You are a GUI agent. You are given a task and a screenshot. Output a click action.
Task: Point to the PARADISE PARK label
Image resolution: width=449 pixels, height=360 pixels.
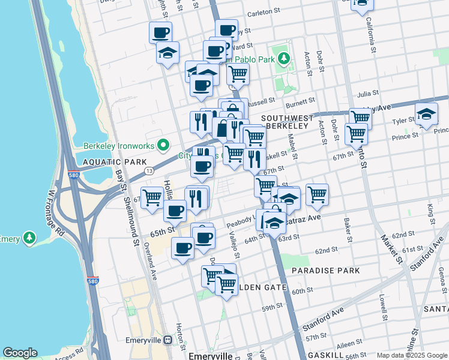326,271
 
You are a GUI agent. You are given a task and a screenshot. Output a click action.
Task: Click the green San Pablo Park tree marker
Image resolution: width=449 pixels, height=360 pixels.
285,59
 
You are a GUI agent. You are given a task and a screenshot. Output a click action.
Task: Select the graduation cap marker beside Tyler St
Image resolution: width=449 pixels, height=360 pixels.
426,114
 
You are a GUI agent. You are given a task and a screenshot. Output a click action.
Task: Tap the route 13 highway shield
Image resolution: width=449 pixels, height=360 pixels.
148,172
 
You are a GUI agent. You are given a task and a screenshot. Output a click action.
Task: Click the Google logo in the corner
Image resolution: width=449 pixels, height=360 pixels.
20,353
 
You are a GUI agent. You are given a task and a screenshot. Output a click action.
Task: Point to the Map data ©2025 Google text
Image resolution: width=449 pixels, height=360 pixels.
412,355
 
